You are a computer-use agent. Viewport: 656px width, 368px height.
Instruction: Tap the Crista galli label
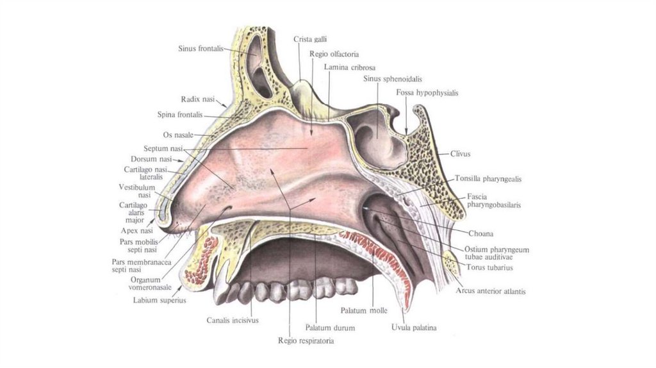(306, 40)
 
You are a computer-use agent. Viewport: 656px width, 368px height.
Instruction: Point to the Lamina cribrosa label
(350, 67)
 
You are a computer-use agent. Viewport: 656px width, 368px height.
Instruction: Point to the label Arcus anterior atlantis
(491, 291)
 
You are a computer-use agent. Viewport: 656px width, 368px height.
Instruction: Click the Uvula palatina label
(414, 328)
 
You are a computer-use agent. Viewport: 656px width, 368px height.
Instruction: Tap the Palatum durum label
(330, 328)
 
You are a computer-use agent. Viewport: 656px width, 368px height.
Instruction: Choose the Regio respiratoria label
(306, 341)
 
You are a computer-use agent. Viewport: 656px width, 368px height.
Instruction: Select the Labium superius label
(160, 299)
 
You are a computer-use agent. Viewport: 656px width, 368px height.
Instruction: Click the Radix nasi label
(198, 99)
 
